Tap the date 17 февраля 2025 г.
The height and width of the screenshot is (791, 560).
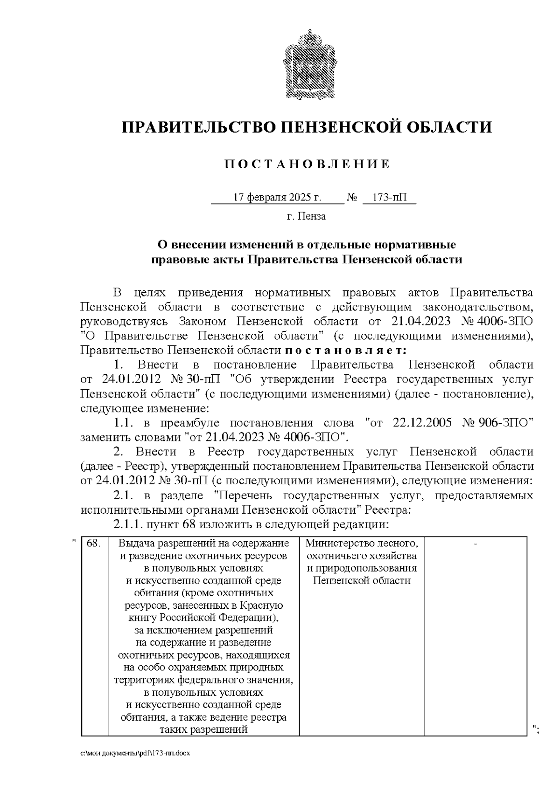(x=277, y=197)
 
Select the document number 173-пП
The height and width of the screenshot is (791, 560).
(x=389, y=197)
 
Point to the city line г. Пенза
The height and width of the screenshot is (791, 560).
(x=307, y=216)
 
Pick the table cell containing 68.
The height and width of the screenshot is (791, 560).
(x=94, y=543)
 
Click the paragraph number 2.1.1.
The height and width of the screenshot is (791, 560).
(x=128, y=524)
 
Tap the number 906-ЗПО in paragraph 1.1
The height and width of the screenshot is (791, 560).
(x=505, y=423)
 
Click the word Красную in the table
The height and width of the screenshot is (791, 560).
(x=263, y=606)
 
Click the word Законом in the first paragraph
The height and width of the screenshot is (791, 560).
(x=202, y=322)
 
